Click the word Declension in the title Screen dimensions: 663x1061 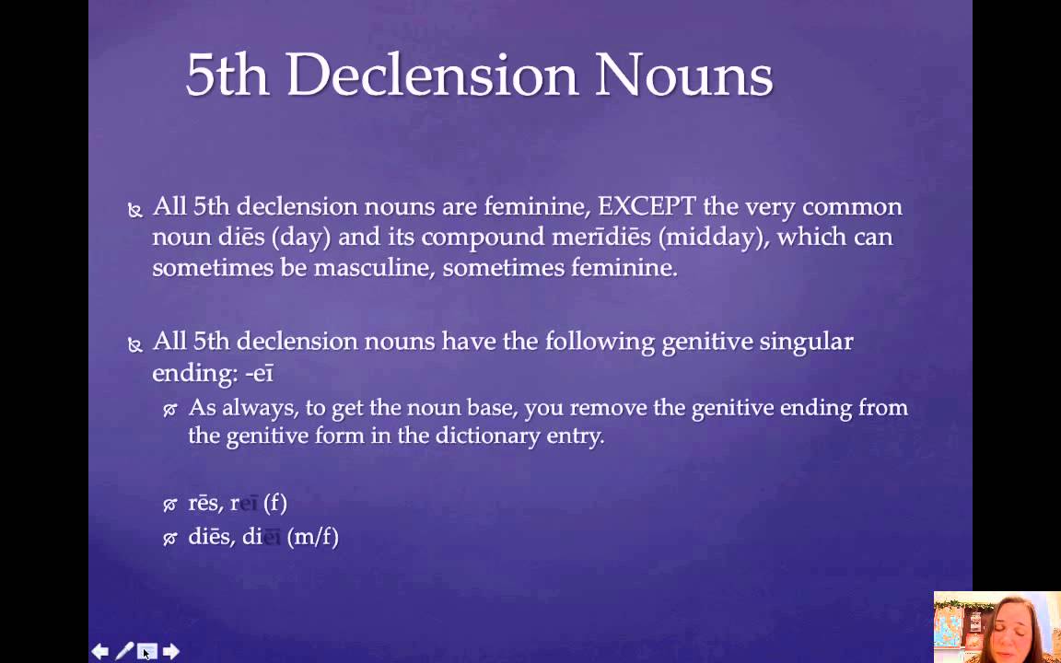coord(431,76)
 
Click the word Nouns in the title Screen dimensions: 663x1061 coord(682,76)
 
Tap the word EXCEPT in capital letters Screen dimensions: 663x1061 coord(647,206)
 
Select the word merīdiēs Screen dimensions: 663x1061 coord(602,237)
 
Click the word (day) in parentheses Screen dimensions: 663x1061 coord(301,237)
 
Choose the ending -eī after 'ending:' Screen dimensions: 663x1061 coord(260,373)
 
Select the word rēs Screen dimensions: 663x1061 coord(204,503)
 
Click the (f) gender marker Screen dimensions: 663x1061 coord(274,503)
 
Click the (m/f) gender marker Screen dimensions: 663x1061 coord(313,537)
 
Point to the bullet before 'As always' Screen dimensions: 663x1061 coord(169,410)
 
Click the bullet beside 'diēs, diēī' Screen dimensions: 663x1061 coord(169,539)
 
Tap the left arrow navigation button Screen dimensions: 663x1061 coord(99,652)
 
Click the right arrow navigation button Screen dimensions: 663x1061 coord(171,652)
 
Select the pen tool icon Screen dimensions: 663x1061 coord(123,652)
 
